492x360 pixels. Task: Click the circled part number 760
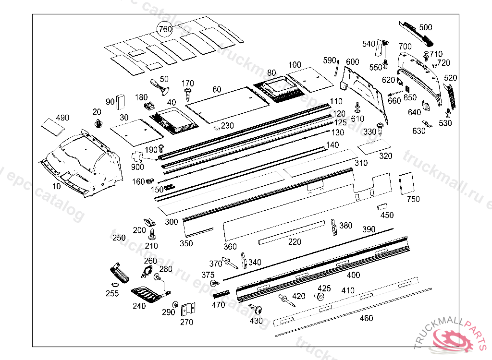(165, 30)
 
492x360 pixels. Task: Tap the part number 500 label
(426, 27)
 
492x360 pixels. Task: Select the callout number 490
(63, 118)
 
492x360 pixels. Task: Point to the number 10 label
(56, 186)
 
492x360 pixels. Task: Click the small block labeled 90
(121, 101)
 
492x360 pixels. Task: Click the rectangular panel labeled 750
(406, 183)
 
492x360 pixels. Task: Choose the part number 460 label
(366, 318)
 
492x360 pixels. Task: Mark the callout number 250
(119, 238)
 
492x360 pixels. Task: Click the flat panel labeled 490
(52, 126)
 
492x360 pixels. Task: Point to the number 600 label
(352, 62)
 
